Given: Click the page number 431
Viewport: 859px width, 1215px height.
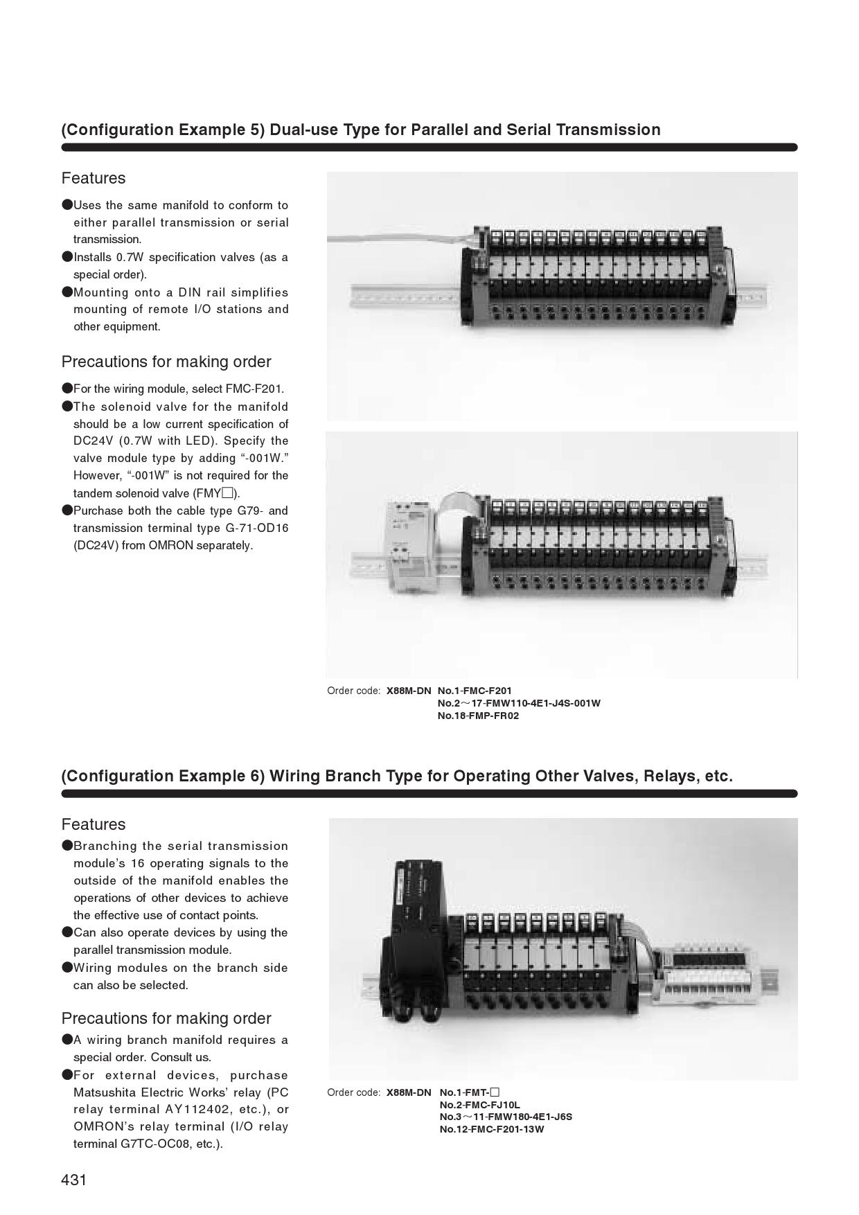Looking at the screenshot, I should click(x=74, y=1180).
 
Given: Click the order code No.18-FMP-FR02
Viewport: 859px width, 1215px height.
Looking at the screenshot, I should click(x=478, y=716).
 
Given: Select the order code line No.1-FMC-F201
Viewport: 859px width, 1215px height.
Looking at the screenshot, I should click(x=475, y=691).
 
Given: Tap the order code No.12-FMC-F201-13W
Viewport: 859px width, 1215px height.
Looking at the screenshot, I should click(x=492, y=1129).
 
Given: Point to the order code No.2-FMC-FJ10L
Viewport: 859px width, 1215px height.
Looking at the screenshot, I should click(x=479, y=1105).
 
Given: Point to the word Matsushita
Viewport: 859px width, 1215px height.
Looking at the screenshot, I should click(x=107, y=1092).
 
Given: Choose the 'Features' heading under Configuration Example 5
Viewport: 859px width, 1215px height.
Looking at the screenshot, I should click(x=94, y=178).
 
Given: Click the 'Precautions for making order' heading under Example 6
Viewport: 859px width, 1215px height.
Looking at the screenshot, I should click(x=166, y=1018).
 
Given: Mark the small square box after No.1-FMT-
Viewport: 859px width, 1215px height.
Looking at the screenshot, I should click(x=495, y=1092).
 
